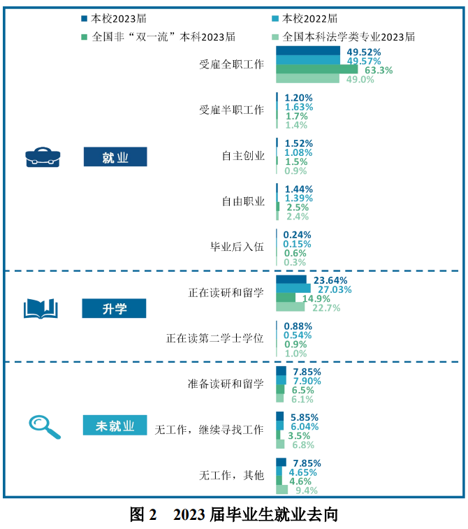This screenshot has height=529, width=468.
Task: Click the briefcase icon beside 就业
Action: (x=43, y=157)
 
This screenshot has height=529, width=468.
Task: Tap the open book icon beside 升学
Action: (x=41, y=307)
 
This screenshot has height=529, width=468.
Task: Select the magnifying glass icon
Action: (x=44, y=425)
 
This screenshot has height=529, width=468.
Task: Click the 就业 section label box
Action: (x=115, y=157)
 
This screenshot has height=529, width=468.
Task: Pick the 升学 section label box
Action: (x=115, y=307)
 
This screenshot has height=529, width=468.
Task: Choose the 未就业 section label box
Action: (x=115, y=425)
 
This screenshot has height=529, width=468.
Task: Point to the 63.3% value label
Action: (x=379, y=70)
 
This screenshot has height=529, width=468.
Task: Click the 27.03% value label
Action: (x=335, y=289)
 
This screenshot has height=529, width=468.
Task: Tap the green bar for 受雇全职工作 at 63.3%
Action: (x=316, y=70)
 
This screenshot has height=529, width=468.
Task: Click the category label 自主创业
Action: (x=243, y=156)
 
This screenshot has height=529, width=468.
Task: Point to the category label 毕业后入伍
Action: (x=237, y=247)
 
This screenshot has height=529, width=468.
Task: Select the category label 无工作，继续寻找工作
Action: (x=209, y=429)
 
